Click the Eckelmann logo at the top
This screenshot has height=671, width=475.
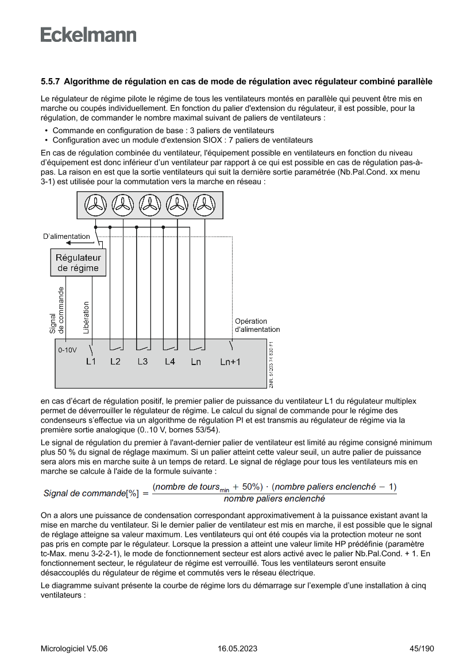(x=88, y=34)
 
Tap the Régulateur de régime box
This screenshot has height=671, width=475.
(x=78, y=263)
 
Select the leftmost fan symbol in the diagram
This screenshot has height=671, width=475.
(x=96, y=204)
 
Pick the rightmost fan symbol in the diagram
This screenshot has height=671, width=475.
(x=204, y=204)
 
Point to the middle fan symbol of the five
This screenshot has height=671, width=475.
(x=150, y=204)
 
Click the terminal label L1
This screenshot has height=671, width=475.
(x=91, y=362)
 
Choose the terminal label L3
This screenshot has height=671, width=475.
(x=142, y=362)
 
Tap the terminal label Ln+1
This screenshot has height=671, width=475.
(x=230, y=362)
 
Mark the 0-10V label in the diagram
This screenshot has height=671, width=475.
(x=67, y=350)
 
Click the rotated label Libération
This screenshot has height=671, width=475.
(x=86, y=317)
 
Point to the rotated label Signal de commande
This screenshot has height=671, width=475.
(x=57, y=310)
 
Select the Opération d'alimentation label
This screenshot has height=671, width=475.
(x=257, y=325)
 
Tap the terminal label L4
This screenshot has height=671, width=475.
(x=169, y=362)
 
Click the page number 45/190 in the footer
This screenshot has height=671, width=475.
(x=421, y=649)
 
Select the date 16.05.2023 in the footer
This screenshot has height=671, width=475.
(x=237, y=649)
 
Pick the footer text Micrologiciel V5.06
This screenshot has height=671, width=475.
(x=74, y=649)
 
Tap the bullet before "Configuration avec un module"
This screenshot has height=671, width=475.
(x=46, y=140)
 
